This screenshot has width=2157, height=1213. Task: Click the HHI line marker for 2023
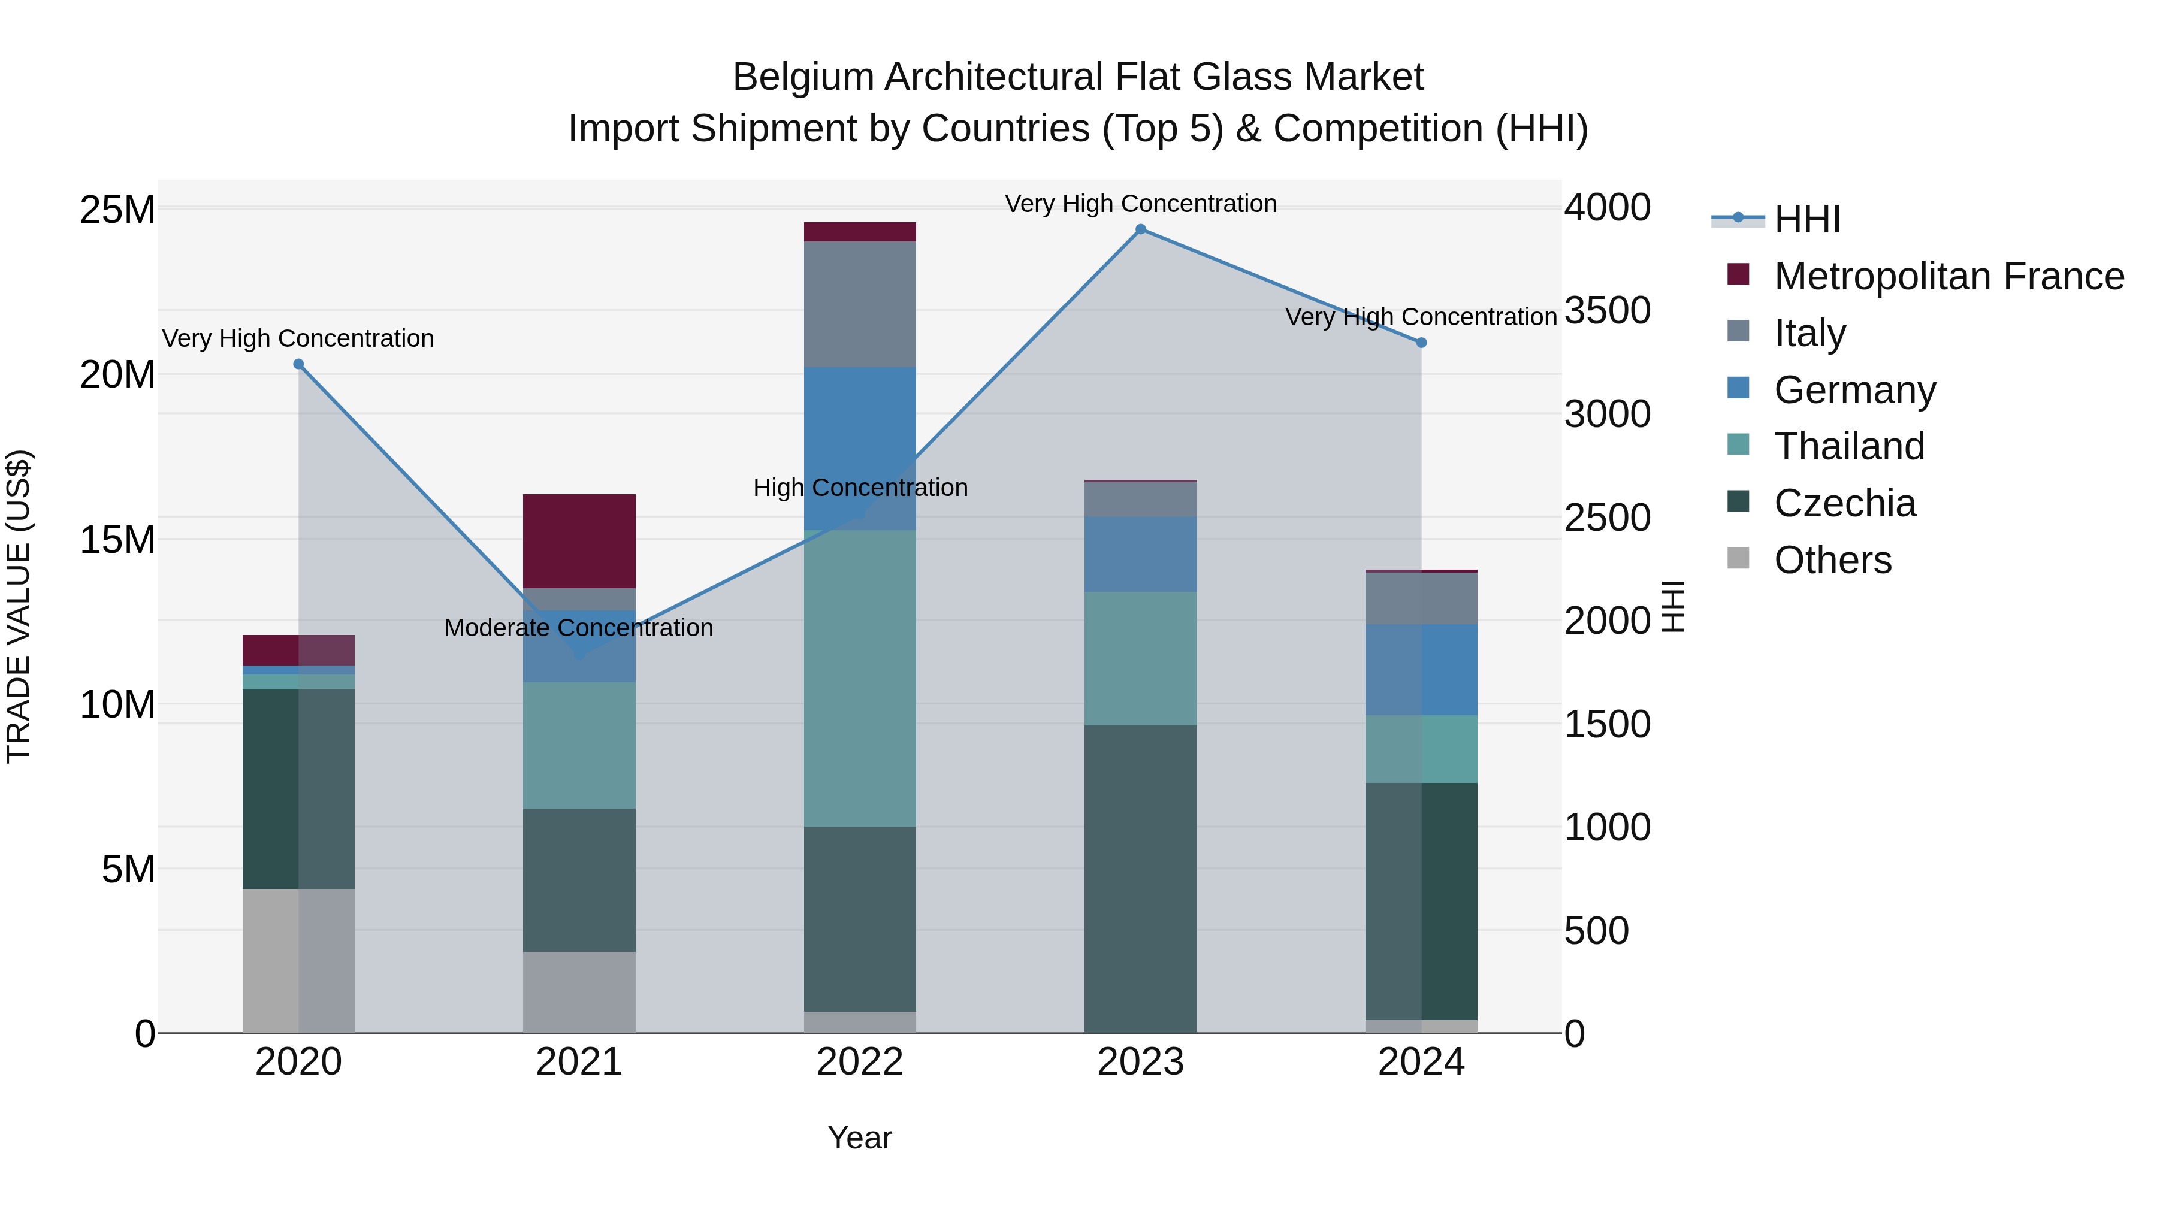click(1140, 229)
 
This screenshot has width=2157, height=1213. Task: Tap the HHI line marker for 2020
click(298, 364)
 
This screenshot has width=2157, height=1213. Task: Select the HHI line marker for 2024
click(1421, 343)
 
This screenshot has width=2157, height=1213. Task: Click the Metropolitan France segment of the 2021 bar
click(579, 541)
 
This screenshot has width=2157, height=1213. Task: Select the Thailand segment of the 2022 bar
click(859, 678)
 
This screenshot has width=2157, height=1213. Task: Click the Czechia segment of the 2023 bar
click(1140, 879)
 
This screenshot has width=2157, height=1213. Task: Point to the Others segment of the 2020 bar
click(298, 960)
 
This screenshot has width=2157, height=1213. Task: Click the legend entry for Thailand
click(1849, 446)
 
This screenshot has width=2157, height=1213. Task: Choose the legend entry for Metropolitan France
click(1948, 276)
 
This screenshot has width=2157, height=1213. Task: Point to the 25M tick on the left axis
click(117, 209)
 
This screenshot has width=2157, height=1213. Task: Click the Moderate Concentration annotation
click(579, 628)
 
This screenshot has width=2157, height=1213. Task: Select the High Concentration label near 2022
click(860, 488)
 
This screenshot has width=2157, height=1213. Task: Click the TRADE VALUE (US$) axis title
click(19, 606)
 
